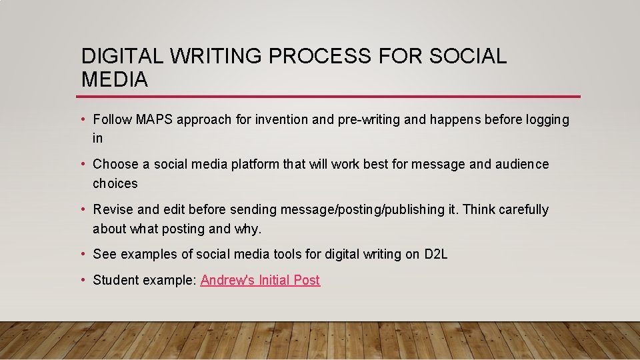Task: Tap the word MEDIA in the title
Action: point(115,80)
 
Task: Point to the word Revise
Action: point(112,209)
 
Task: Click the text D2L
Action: point(435,254)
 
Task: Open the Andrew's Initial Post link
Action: point(260,280)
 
